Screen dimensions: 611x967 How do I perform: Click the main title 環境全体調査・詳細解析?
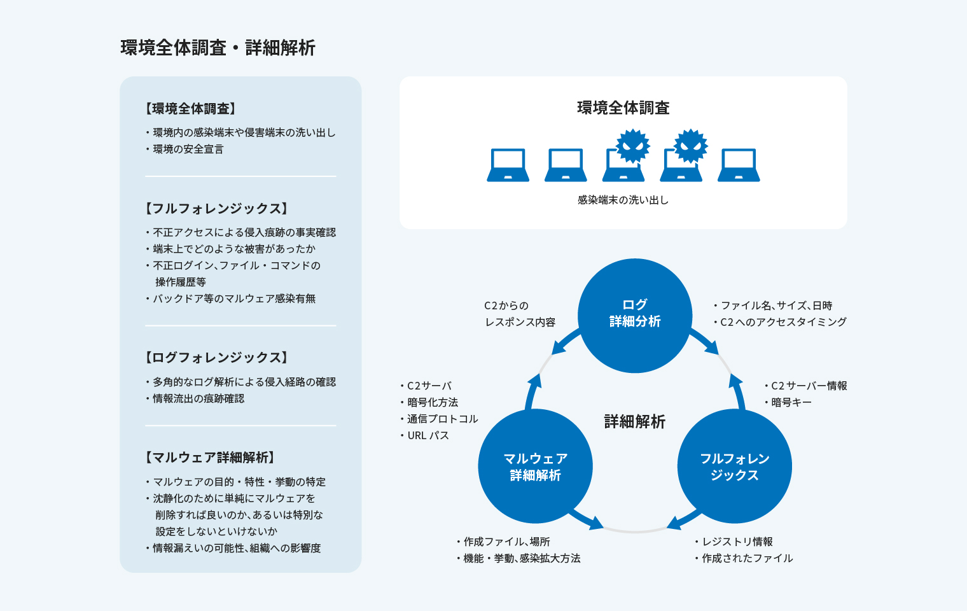click(x=218, y=48)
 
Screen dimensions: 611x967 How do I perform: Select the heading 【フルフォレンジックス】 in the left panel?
click(x=217, y=209)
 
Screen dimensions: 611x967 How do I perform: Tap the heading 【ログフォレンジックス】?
click(x=217, y=358)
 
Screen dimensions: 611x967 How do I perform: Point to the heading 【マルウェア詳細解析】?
click(x=210, y=458)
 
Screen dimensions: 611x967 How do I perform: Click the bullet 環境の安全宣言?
click(x=188, y=149)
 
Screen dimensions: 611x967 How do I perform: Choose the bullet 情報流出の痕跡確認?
click(x=198, y=398)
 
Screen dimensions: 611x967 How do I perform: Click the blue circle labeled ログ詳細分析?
click(x=634, y=315)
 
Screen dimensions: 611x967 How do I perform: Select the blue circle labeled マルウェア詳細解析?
click(x=535, y=467)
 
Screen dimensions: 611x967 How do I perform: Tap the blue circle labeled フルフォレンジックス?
click(x=734, y=467)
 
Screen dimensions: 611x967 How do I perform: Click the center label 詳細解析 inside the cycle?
click(x=634, y=421)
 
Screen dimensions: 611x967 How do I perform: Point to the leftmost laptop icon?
click(x=508, y=165)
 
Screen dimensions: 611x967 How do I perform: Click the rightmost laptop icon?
click(x=739, y=165)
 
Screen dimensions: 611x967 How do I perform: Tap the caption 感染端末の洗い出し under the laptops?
click(x=623, y=200)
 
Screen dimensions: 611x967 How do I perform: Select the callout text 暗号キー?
click(x=791, y=402)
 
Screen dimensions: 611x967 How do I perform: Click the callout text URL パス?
click(x=428, y=435)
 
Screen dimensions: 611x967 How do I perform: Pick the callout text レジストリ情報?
click(x=737, y=542)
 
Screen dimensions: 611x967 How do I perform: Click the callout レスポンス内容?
click(x=520, y=322)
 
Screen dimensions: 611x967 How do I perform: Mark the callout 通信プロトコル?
click(x=443, y=419)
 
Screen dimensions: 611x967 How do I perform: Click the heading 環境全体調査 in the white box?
click(x=623, y=108)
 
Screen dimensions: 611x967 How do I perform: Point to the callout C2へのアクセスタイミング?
click(x=783, y=322)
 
